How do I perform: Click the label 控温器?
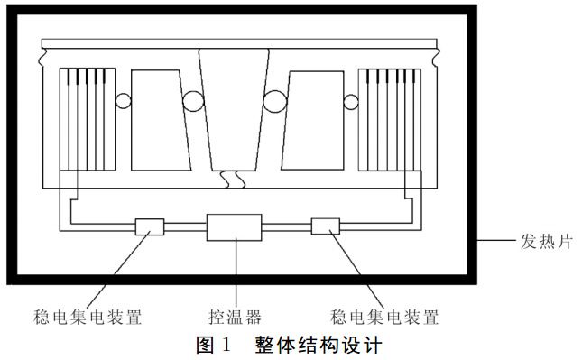point(234,317)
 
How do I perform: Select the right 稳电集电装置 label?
point(385,317)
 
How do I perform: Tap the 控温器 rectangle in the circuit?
point(234,227)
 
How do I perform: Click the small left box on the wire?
point(150,226)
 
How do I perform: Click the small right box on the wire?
point(325,226)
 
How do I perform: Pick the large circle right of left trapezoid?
point(194,101)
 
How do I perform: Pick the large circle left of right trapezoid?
point(274,101)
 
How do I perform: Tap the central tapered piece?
point(235,108)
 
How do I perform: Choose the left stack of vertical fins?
point(81,122)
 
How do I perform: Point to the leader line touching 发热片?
point(496,242)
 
